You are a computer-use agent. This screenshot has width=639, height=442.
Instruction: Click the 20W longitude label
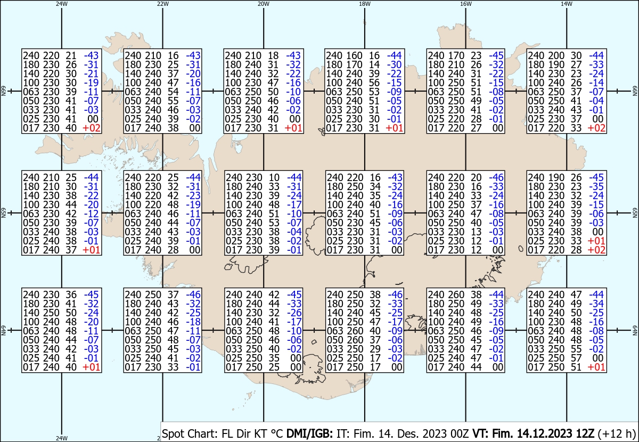point(263,4)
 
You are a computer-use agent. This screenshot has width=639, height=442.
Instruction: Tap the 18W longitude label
point(365,4)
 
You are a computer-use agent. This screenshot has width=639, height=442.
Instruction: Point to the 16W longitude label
point(465,4)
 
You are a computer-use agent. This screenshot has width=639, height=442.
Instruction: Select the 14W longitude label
point(566,4)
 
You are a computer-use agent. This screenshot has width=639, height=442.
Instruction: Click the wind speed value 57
point(576,358)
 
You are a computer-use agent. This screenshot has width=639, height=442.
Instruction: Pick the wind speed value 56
point(374,83)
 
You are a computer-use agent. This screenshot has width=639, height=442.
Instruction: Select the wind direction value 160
point(354,55)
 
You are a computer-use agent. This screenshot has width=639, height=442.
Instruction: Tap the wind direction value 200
point(556,55)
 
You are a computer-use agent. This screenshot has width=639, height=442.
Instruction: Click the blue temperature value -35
point(596,186)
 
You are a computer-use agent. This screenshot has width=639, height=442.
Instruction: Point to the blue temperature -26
point(294,313)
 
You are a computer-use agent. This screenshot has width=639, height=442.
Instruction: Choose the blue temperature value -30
point(395,65)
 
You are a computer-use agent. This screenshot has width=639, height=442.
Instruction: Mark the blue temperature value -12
point(91,214)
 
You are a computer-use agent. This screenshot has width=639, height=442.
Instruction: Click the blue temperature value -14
point(596,83)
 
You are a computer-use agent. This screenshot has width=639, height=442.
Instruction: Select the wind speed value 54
point(173,92)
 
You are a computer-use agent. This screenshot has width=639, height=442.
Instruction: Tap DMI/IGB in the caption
point(309,433)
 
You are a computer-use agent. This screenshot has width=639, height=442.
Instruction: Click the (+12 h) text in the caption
point(617,433)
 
